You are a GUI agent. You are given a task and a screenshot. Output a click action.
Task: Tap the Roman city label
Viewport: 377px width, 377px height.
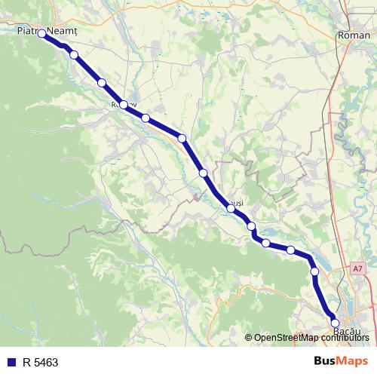click(x=354, y=35)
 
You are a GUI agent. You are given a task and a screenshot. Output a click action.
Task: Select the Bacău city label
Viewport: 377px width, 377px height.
click(x=348, y=331)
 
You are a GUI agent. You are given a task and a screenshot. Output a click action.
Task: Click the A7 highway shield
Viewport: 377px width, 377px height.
click(x=357, y=268)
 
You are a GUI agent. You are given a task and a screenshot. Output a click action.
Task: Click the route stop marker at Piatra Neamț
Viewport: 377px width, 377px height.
click(x=42, y=34)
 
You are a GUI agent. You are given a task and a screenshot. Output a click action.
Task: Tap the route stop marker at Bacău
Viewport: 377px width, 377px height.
click(x=335, y=323)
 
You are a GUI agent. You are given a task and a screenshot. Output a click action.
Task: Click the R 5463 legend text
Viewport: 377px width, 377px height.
click(x=40, y=362)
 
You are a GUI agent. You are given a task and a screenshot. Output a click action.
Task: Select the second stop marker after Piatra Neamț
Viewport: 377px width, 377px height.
click(x=101, y=82)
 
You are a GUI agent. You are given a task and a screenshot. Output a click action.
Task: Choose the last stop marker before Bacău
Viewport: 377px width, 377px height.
click(x=314, y=271)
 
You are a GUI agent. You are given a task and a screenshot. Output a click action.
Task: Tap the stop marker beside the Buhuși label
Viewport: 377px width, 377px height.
click(x=231, y=207)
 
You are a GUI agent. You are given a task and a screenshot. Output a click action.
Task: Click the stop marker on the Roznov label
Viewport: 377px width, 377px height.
click(x=124, y=105)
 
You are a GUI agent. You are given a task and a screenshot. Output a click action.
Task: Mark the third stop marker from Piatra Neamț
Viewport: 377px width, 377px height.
click(x=124, y=105)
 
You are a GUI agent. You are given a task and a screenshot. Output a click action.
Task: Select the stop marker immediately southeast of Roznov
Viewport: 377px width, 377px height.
click(x=146, y=118)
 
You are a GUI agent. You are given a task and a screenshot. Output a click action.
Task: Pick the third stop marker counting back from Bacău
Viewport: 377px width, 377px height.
click(x=290, y=250)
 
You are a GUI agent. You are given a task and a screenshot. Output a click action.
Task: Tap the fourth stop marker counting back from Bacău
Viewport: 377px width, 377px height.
click(x=265, y=242)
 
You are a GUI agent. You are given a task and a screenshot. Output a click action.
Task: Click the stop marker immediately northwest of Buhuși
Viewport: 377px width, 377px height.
click(x=203, y=173)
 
